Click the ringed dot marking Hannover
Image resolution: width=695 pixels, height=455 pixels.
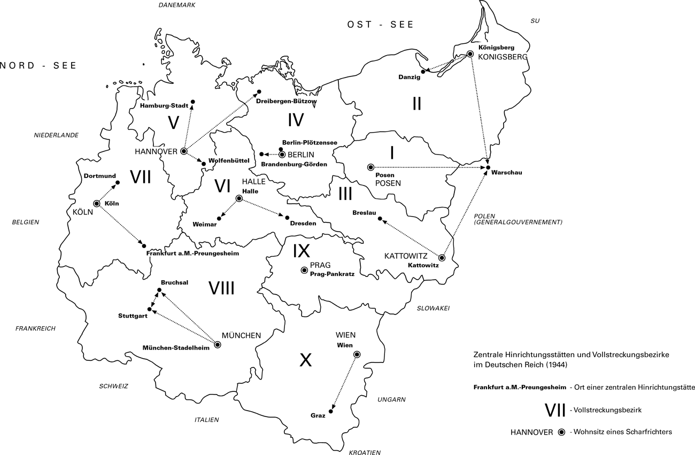coord(184,151)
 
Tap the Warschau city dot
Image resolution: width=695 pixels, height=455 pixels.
coord(488,168)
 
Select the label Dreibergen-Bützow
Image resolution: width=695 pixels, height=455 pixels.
coord(286,101)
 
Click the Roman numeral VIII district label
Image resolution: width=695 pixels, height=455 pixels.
coord(221,289)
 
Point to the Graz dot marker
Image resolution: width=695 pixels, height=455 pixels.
coord(331,411)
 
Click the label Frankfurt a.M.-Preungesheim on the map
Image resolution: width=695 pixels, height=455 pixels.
coord(192,253)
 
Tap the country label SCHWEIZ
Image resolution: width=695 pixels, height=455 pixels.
coord(113,386)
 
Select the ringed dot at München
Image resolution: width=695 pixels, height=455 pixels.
coord(218,344)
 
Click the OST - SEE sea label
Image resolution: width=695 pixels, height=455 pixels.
coord(380,25)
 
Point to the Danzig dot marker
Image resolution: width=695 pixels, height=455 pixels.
coord(423,71)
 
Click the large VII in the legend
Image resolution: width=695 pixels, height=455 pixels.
coord(555,410)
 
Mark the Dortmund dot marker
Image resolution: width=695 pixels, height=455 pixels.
coord(118,183)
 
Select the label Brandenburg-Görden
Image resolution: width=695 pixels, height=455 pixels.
coord(294,164)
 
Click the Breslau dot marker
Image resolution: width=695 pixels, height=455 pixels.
coord(380,218)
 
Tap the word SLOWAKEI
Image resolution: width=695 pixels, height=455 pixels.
coord(433,308)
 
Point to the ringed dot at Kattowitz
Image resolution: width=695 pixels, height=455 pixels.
coord(442,258)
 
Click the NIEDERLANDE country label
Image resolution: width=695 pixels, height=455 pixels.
coord(56,135)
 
